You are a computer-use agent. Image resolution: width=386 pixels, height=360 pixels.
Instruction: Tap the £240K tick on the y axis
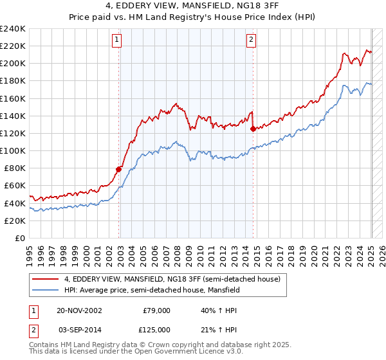[x=13, y=29]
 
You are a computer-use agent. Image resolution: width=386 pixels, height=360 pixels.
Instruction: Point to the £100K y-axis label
[x=13, y=150]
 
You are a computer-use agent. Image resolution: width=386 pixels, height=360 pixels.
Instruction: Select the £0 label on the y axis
[x=21, y=238]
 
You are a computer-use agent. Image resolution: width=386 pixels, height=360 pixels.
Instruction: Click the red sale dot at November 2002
[x=119, y=169]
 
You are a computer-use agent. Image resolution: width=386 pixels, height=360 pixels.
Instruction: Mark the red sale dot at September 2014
[x=253, y=129]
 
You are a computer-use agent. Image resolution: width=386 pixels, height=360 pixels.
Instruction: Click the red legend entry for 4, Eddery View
[x=172, y=279]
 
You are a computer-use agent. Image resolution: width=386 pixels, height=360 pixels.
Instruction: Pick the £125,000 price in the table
[x=154, y=329]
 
